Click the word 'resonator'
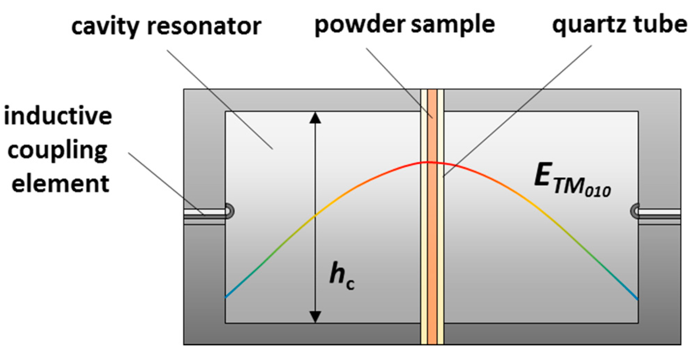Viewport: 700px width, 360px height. point(204,26)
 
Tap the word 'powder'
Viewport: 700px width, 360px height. point(360,25)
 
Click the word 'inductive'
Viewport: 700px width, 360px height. point(58,116)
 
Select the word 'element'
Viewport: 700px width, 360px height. point(61,184)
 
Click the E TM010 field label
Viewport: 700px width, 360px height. point(571,180)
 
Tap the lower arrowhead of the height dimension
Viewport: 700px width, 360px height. point(315,316)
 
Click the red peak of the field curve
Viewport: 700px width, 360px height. point(429,162)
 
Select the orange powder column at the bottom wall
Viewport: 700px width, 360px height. point(432,334)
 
